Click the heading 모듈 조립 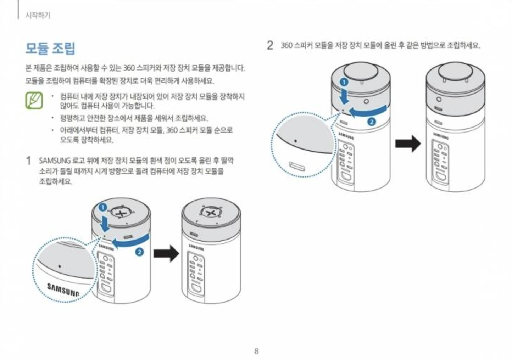[x=50, y=48]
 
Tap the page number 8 [x=256, y=351]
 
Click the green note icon [x=34, y=100]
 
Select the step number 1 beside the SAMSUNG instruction [x=28, y=161]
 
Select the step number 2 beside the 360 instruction [x=270, y=45]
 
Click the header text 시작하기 [x=38, y=15]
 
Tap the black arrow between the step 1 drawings [x=166, y=253]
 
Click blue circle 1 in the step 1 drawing [x=102, y=207]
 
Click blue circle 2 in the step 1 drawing [x=140, y=252]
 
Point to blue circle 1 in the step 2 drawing [x=344, y=82]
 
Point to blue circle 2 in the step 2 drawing [x=371, y=122]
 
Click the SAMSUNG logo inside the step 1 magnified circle [x=63, y=289]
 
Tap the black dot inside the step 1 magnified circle [x=60, y=266]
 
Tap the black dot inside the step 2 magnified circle [x=296, y=141]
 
